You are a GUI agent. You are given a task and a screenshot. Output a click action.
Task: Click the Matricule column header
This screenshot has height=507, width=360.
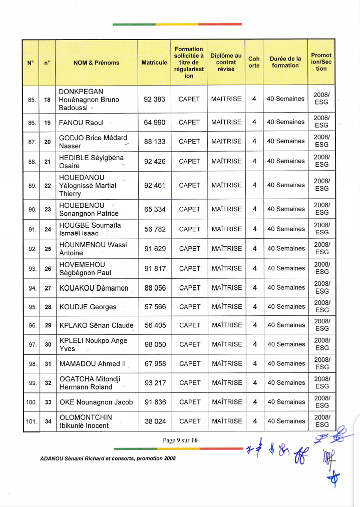click(154, 63)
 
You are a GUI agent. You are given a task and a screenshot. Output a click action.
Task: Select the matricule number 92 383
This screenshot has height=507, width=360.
click(154, 100)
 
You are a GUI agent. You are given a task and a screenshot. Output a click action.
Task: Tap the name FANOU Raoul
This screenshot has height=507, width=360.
click(81, 123)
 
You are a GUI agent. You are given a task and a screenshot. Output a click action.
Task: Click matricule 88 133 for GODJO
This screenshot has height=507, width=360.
click(155, 142)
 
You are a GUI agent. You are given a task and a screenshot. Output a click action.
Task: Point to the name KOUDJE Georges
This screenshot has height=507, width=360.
click(88, 307)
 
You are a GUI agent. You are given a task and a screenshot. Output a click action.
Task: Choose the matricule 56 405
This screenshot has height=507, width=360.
click(155, 325)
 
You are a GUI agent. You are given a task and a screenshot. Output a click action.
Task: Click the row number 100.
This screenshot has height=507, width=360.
click(31, 402)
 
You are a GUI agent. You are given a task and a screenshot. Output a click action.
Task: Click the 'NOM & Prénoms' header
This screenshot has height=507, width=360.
click(96, 63)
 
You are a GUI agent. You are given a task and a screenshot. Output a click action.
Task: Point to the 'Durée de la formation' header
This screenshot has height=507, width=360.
click(285, 62)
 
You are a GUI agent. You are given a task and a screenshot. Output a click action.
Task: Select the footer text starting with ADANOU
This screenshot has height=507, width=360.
click(108, 458)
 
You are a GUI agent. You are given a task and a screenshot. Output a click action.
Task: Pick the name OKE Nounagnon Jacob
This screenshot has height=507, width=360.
click(96, 402)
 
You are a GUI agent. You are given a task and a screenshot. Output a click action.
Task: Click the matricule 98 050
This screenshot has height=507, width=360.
click(155, 345)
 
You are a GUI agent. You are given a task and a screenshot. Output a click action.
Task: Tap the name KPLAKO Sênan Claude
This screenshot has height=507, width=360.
click(96, 325)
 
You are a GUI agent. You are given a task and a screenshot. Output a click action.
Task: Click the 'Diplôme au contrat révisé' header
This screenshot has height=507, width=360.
click(226, 62)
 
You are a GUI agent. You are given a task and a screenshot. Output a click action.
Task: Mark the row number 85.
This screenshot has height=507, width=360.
click(32, 100)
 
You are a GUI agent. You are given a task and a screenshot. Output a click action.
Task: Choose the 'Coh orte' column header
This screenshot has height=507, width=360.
click(254, 62)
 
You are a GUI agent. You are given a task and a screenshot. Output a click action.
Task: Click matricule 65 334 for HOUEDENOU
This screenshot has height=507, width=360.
click(155, 209)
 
